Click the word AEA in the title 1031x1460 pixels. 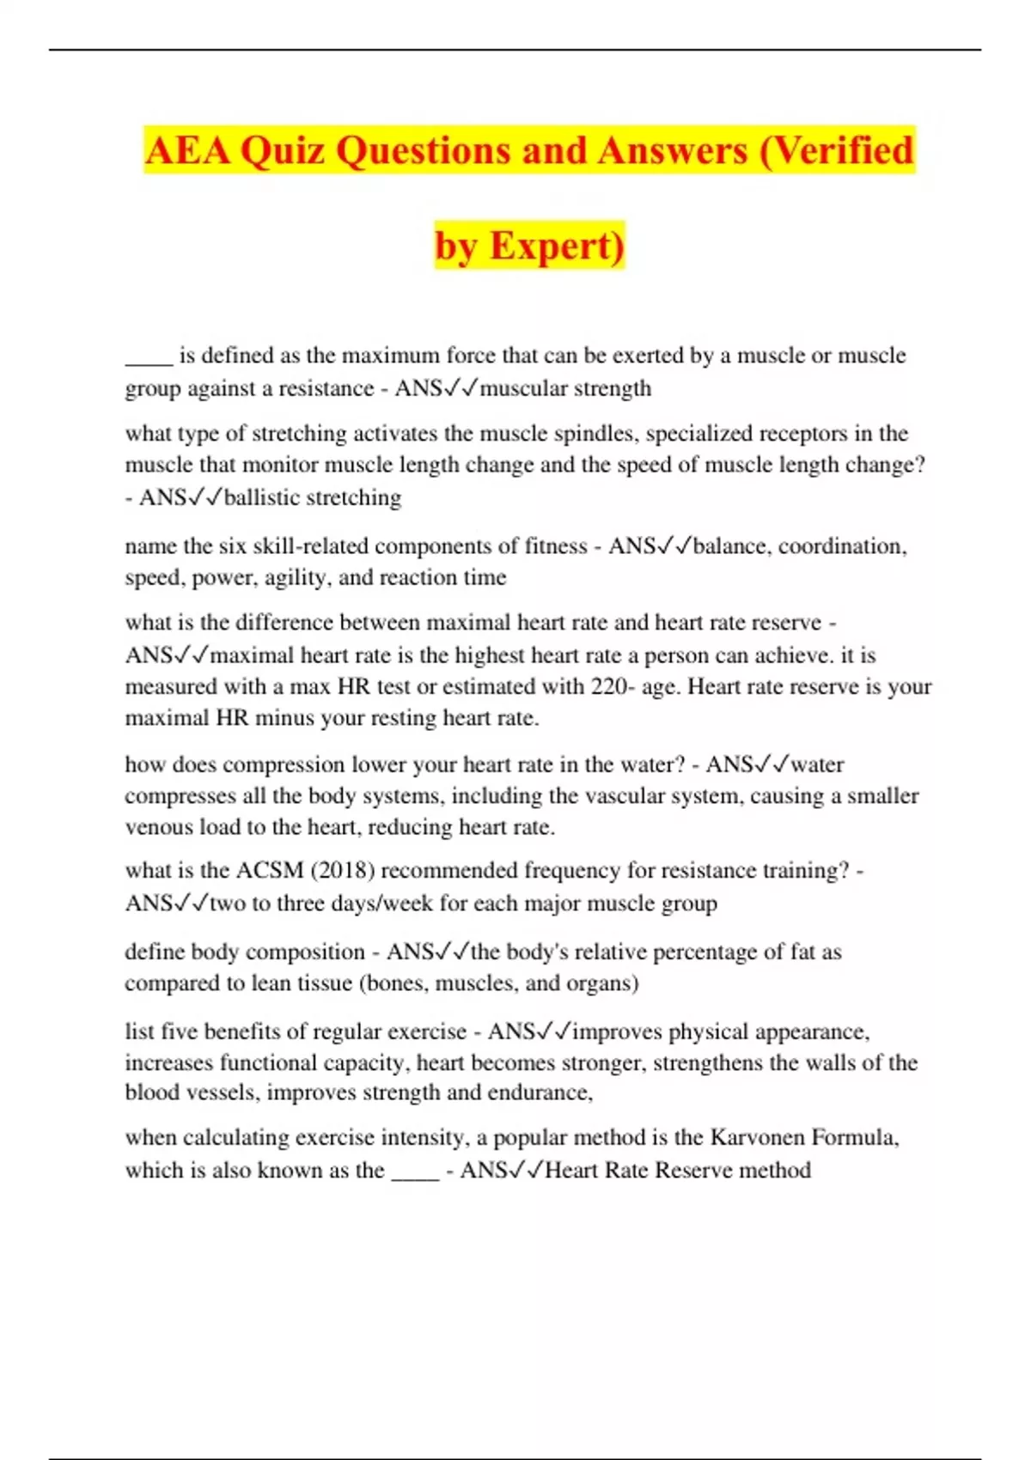(187, 151)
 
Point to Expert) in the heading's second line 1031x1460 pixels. (557, 246)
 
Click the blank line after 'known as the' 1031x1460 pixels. (415, 1171)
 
